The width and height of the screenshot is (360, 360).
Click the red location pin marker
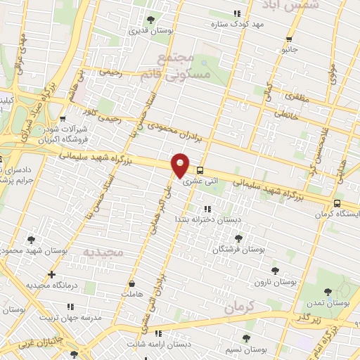(x=181, y=165)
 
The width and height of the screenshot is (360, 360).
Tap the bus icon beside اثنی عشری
(x=200, y=170)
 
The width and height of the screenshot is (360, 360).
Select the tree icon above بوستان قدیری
(x=150, y=19)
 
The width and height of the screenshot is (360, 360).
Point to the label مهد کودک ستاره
(x=236, y=25)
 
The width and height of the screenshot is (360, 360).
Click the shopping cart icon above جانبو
(x=289, y=39)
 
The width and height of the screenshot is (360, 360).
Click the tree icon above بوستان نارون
(x=275, y=270)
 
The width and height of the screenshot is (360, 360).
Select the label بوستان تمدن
(x=328, y=303)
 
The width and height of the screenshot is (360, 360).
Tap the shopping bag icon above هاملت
(x=131, y=284)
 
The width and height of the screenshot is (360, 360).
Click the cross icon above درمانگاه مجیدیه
(x=51, y=274)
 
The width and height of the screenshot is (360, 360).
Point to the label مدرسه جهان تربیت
(x=70, y=317)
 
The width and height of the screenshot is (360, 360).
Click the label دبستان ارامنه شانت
(x=159, y=344)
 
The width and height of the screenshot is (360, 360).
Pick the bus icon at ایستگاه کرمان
(x=338, y=204)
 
